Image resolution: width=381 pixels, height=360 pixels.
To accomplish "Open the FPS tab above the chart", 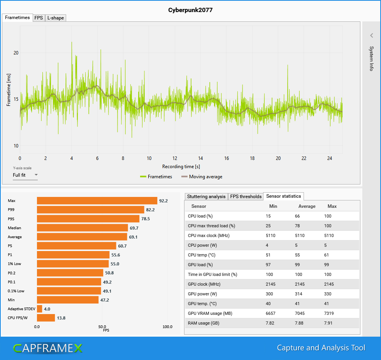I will pos(39,18).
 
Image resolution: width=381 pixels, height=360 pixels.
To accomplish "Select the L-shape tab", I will pos(55,18).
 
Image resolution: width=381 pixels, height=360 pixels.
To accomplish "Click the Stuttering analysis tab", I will pos(206,197).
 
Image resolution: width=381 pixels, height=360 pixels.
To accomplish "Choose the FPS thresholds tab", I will pos(246,197).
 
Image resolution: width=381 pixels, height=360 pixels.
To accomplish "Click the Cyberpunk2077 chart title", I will pos(190,10).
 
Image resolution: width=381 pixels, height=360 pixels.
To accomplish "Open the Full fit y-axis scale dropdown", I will pos(25,175).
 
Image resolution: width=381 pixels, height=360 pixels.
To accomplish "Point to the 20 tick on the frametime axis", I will pos(16,53).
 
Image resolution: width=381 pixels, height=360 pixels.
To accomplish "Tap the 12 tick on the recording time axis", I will pos(175,158).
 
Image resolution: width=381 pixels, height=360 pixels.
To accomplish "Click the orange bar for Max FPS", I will pos(97,201).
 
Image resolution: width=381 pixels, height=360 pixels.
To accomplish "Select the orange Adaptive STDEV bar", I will pos(39,309).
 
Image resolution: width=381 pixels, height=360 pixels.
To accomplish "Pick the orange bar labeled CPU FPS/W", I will pos(46,318).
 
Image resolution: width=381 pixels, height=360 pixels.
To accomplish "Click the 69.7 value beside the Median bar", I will pos(135,228).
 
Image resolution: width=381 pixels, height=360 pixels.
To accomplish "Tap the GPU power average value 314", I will pos(299,294).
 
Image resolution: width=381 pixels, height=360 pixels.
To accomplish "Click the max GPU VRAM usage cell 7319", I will pos(329,313).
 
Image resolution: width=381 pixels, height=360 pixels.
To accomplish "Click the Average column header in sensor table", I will pos(307,206).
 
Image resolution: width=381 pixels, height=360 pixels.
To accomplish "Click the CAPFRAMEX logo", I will pos(47,348).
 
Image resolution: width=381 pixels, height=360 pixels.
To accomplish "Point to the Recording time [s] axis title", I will pos(181,167).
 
